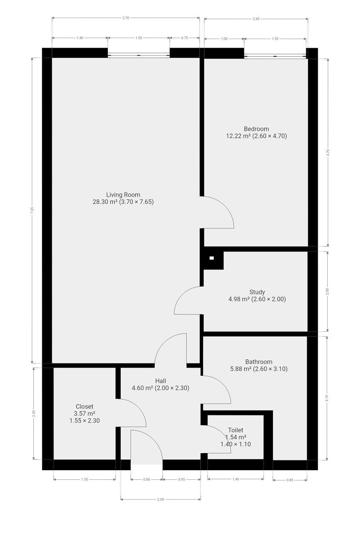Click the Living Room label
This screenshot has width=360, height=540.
(x=123, y=194)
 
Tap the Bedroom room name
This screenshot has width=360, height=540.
(x=256, y=129)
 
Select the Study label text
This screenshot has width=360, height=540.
(x=257, y=292)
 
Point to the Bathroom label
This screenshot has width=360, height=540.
(x=259, y=362)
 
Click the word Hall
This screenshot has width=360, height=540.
(x=160, y=381)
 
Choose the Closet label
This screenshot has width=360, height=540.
(x=85, y=406)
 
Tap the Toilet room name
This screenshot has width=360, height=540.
(x=236, y=430)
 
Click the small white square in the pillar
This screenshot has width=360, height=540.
(x=211, y=258)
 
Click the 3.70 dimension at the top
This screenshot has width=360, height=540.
(x=126, y=18)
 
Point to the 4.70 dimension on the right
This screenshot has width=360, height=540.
(x=328, y=153)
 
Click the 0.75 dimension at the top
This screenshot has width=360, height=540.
(x=184, y=38)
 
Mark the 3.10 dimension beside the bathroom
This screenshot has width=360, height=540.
(x=327, y=398)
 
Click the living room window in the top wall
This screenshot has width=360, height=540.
(x=139, y=55)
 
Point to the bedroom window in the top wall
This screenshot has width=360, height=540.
(x=275, y=56)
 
